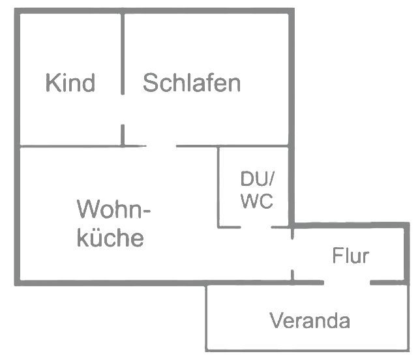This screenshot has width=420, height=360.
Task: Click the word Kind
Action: click(x=70, y=83)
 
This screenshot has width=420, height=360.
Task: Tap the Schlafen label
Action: click(x=192, y=83)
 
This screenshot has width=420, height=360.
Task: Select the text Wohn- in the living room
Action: click(x=114, y=211)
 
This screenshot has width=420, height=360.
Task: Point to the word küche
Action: click(x=110, y=238)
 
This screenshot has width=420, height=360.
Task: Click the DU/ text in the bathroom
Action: click(x=258, y=178)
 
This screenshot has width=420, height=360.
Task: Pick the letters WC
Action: click(x=256, y=202)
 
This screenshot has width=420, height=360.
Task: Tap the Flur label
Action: click(x=350, y=256)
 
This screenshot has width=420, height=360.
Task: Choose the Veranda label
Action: click(x=310, y=321)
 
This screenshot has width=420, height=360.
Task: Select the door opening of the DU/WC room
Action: click(x=256, y=227)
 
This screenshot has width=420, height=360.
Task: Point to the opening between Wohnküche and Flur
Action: click(x=292, y=255)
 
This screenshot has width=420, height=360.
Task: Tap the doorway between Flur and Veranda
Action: click(x=347, y=282)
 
